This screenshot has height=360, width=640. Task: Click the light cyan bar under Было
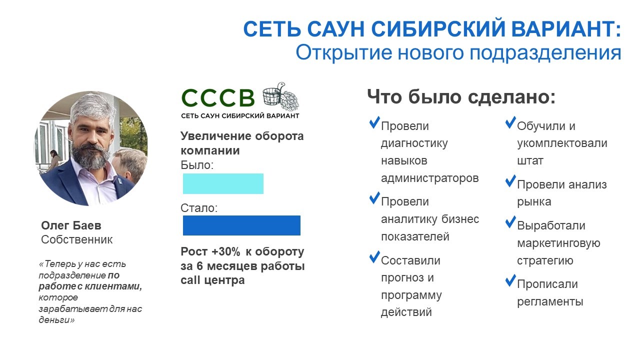pos(223,183)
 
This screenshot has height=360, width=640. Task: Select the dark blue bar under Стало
pos(241,225)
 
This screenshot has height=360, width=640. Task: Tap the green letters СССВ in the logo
pos(217,97)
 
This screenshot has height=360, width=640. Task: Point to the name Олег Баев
pos(71,225)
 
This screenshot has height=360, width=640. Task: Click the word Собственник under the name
pos(77,239)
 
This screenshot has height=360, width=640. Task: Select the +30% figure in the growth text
pos(225,251)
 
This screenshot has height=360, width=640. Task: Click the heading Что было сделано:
pos(461,96)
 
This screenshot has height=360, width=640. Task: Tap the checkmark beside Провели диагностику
pos(374,122)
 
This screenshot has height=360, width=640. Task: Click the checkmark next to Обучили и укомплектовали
pos(510,122)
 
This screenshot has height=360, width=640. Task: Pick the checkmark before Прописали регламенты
pos(510,280)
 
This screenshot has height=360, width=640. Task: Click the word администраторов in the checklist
pos(429,178)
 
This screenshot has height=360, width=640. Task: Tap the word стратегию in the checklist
pos(545,261)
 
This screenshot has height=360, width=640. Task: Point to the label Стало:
pos(199,208)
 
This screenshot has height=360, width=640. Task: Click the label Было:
pos(197,165)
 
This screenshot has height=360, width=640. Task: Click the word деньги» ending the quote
pos(56,319)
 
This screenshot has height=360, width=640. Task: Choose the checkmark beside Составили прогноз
pos(374,257)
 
